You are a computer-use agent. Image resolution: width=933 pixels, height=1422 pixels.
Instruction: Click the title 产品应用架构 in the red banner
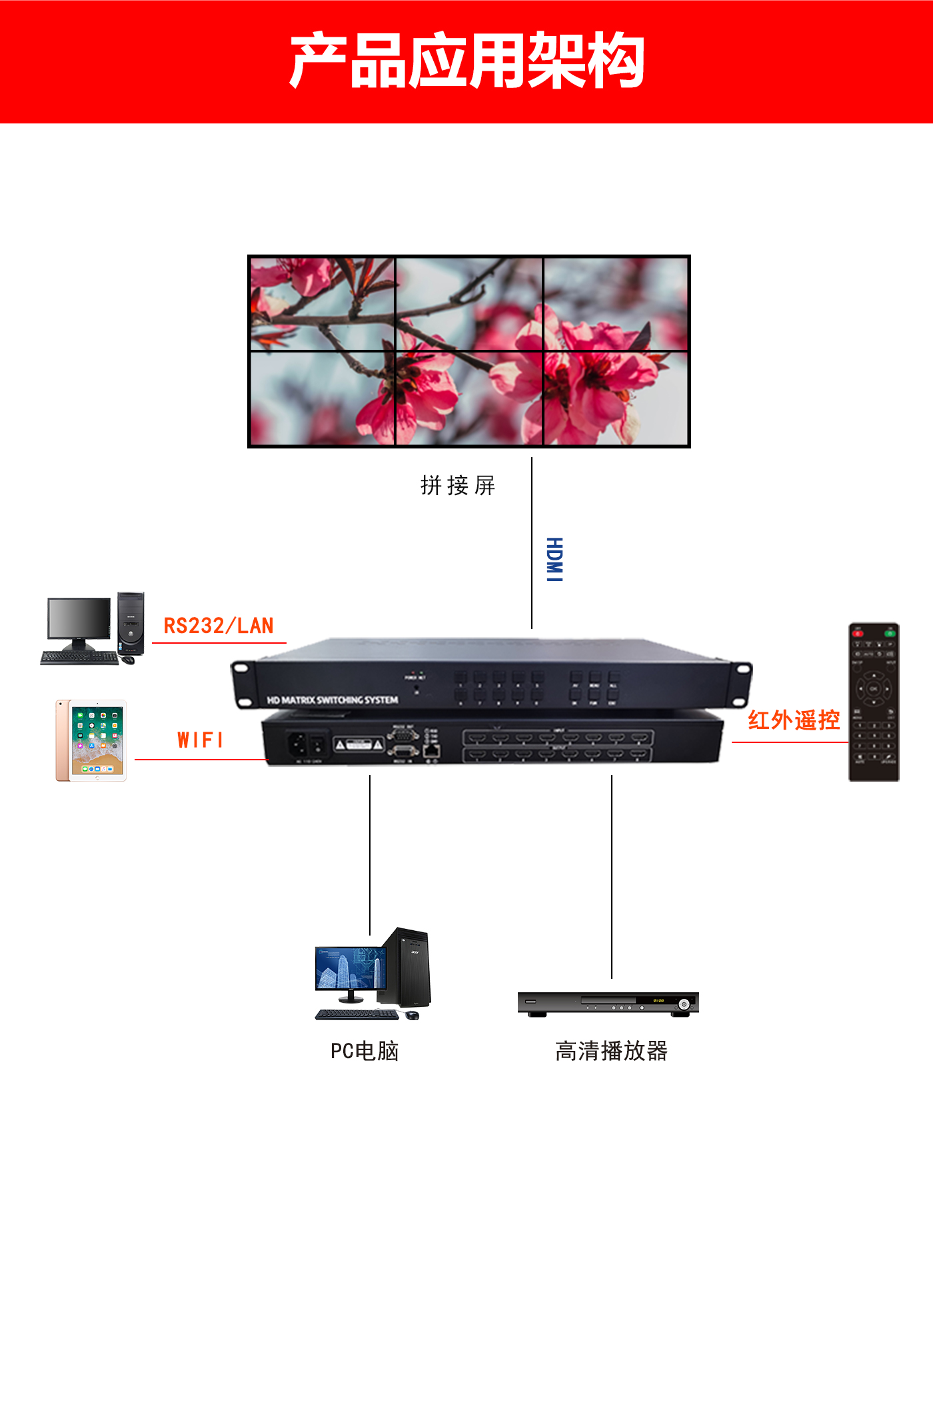click(467, 61)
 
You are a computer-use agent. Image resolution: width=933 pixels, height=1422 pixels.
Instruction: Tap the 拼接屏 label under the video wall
click(458, 485)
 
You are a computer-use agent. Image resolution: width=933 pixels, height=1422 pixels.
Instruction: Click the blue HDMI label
click(554, 559)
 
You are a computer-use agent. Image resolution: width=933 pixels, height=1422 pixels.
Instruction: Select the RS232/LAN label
click(219, 626)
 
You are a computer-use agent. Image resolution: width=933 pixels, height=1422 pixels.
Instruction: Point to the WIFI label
click(200, 740)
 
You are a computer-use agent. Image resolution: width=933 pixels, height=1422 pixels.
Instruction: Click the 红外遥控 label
click(793, 720)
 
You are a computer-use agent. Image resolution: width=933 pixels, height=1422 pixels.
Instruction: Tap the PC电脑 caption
click(365, 1051)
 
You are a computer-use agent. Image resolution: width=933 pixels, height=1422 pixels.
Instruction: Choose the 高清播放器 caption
click(611, 1051)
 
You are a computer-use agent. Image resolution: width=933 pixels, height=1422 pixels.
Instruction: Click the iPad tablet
click(91, 740)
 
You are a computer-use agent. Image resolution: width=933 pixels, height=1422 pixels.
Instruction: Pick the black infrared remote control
click(873, 702)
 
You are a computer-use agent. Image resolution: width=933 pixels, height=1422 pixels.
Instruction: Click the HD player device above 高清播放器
click(608, 1004)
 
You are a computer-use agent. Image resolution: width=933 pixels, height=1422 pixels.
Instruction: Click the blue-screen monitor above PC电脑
click(351, 970)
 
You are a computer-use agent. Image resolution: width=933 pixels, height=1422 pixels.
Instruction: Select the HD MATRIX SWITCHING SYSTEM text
click(333, 700)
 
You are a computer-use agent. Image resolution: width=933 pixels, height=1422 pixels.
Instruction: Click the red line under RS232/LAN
click(219, 643)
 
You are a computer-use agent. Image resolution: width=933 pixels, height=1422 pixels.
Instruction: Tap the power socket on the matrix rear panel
click(297, 744)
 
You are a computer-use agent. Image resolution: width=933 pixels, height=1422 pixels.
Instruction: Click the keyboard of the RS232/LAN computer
click(79, 658)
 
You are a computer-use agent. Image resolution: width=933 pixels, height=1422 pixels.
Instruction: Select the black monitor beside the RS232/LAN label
click(79, 620)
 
